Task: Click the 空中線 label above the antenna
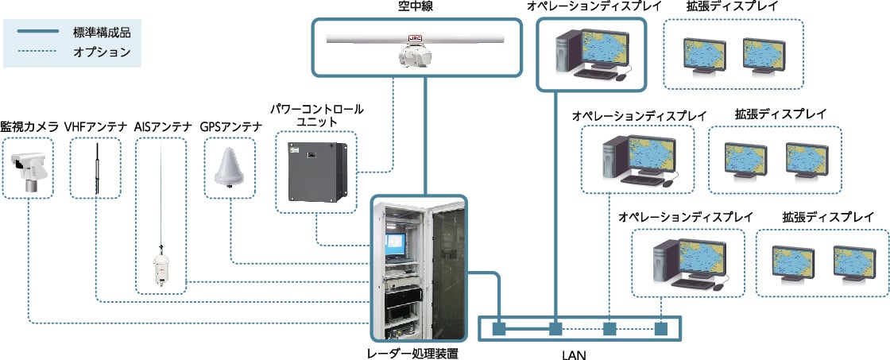pos(412,7)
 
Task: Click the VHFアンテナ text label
pos(95,126)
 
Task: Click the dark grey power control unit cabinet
pos(317,173)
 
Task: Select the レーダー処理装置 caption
pos(418,352)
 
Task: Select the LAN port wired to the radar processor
pos(499,328)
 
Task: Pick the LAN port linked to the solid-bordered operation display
pos(555,328)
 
